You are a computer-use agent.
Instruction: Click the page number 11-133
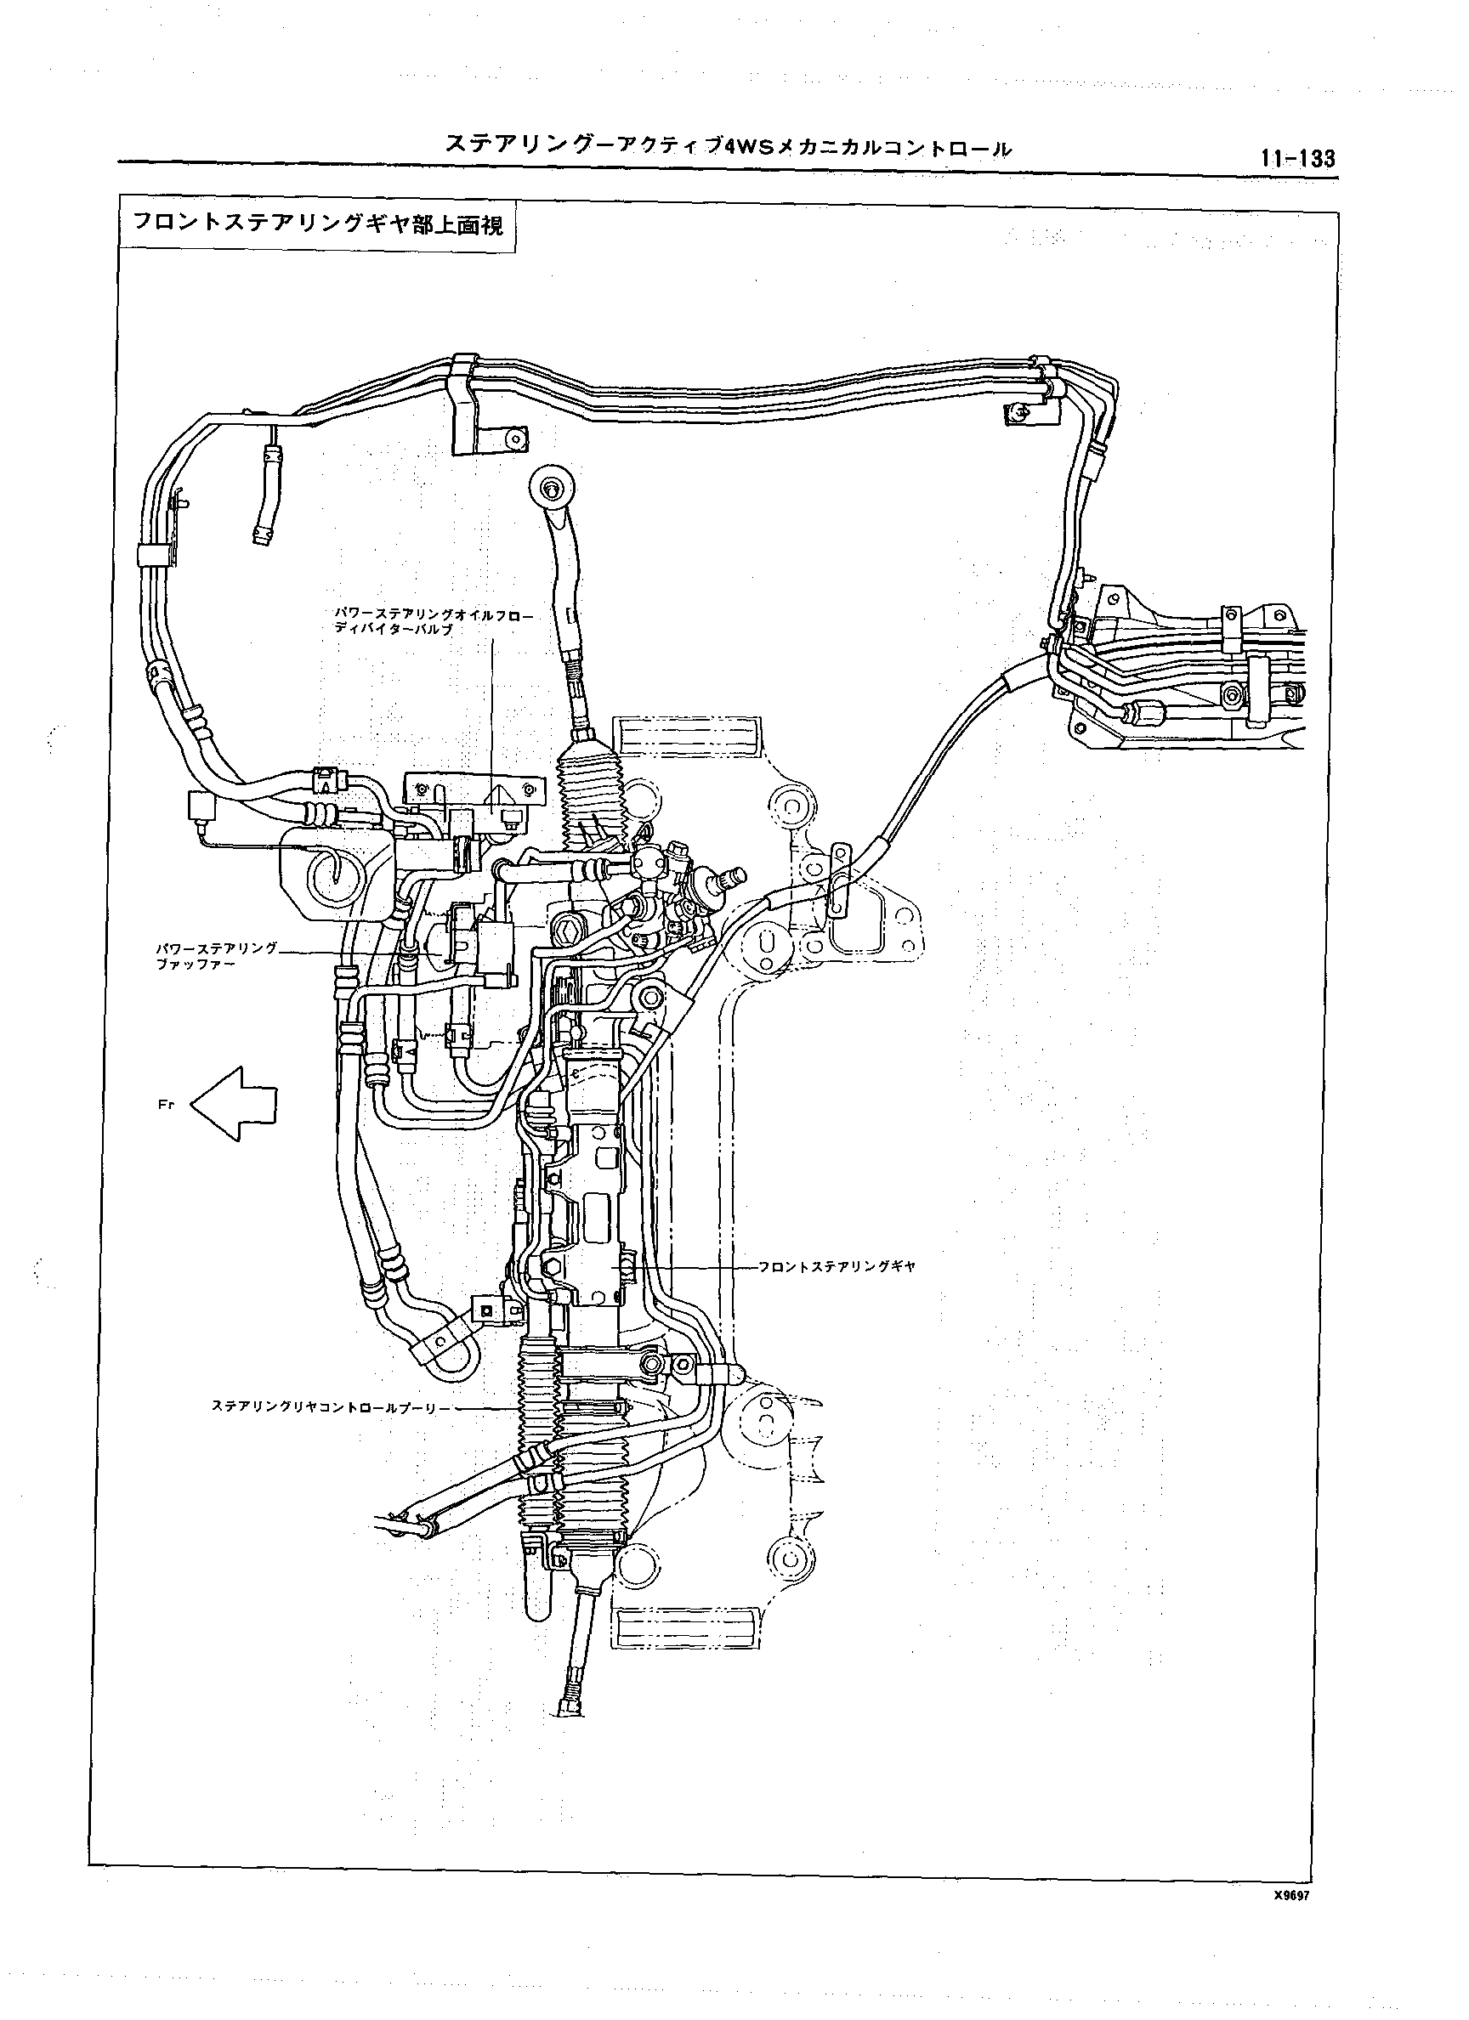coord(1297,159)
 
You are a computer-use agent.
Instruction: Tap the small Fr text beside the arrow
coord(165,1105)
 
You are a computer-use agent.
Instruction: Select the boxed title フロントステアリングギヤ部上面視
coord(317,224)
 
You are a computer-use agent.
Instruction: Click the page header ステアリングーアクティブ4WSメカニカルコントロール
coord(728,148)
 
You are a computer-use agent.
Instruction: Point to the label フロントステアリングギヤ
coord(837,1265)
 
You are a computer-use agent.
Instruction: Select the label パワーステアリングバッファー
coord(217,956)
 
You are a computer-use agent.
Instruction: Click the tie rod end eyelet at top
coord(553,487)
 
